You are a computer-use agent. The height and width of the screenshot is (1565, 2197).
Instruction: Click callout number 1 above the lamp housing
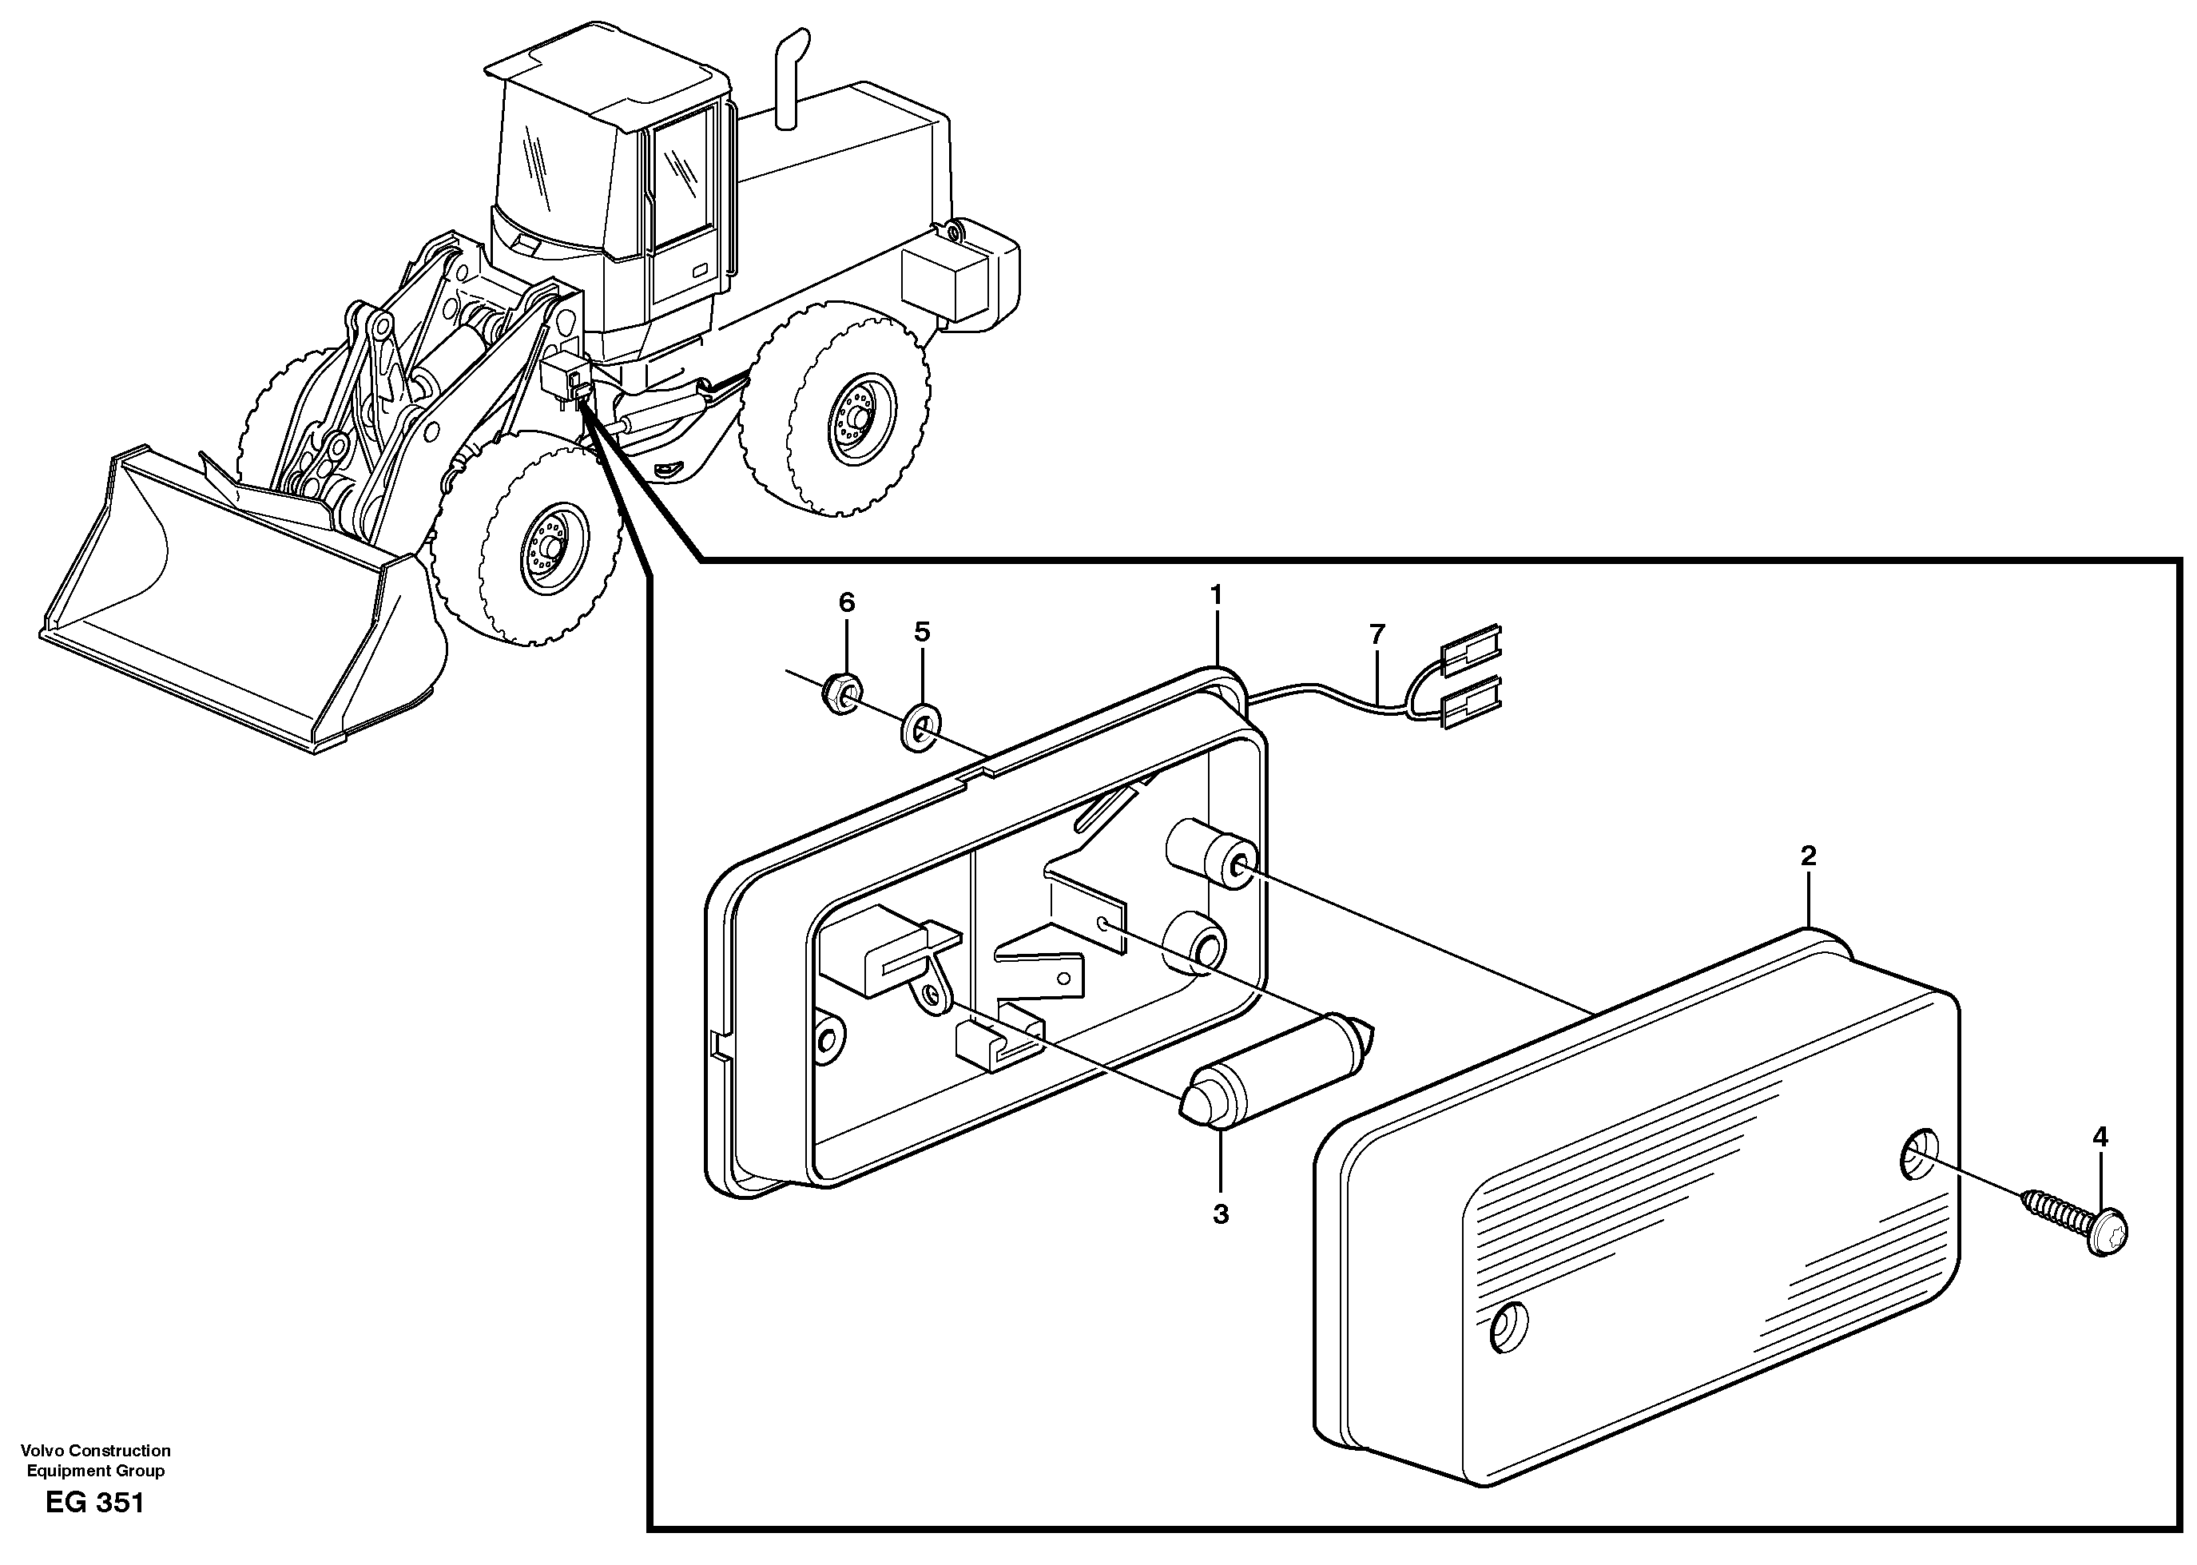click(x=1216, y=594)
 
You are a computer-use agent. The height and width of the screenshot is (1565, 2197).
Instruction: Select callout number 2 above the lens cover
click(x=1808, y=855)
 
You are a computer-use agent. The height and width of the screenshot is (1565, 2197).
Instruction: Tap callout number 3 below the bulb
click(x=1220, y=1214)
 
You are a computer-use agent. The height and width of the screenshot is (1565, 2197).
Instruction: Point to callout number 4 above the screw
click(x=2100, y=1137)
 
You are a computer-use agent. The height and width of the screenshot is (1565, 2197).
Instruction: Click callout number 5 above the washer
click(x=922, y=632)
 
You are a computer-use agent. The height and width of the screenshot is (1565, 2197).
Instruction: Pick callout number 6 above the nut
click(x=846, y=603)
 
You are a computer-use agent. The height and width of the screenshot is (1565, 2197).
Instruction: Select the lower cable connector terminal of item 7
click(x=1472, y=697)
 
